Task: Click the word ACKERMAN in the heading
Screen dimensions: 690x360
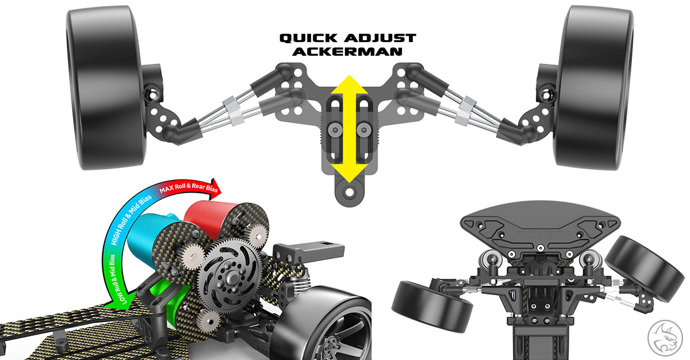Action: tap(347, 51)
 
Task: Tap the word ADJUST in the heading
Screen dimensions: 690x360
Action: tap(380, 38)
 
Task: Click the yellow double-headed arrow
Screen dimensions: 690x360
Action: tap(350, 129)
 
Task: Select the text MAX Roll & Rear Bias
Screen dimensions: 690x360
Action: tap(189, 187)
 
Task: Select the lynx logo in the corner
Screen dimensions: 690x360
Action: tap(665, 338)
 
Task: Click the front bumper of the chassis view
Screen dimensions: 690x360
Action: tap(540, 227)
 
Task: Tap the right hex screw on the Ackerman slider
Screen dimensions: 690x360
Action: tap(363, 131)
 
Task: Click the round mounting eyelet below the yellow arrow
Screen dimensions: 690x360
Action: tap(350, 192)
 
